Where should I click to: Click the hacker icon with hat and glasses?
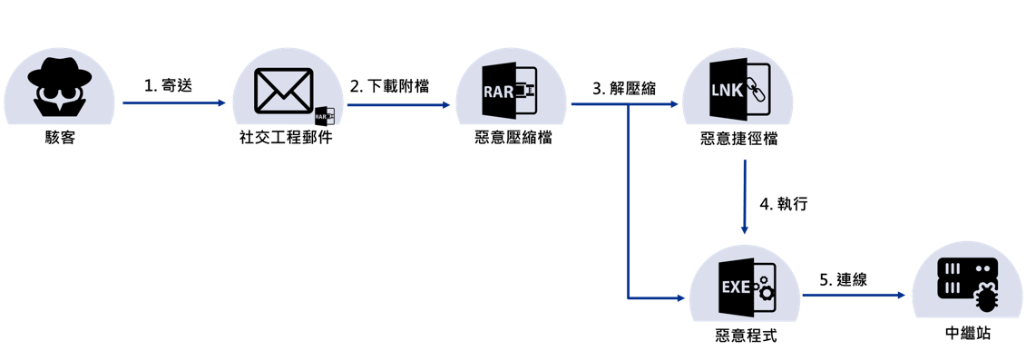click(59, 87)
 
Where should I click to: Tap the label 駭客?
click(59, 139)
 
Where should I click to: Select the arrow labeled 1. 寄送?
click(173, 103)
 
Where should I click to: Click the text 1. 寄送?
click(168, 85)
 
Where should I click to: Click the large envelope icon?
click(283, 91)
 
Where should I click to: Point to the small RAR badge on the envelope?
click(324, 116)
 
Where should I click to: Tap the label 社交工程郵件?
click(286, 139)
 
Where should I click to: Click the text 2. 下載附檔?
click(389, 85)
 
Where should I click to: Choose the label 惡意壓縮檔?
click(513, 139)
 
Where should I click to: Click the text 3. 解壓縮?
click(623, 87)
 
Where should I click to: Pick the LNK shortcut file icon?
click(738, 89)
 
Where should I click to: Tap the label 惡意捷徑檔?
click(738, 139)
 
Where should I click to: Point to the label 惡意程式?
click(746, 336)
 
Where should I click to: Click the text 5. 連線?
click(843, 279)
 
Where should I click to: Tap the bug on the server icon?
click(985, 296)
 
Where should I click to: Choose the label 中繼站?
click(967, 334)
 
